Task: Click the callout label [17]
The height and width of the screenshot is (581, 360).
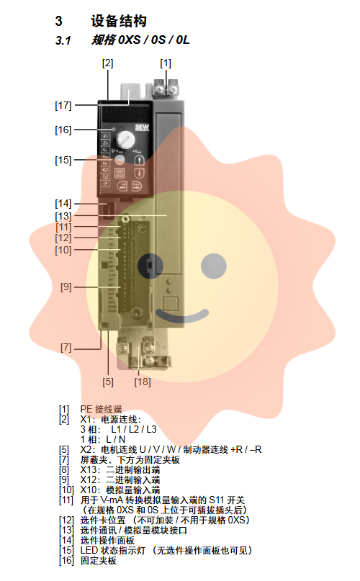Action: [x=63, y=105]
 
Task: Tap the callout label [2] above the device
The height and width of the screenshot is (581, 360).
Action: [x=107, y=63]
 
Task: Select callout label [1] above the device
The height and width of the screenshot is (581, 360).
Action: [x=166, y=63]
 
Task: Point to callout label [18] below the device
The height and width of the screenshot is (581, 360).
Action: [x=143, y=382]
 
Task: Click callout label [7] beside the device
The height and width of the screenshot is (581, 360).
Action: [x=66, y=348]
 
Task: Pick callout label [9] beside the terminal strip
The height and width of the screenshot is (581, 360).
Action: [x=66, y=287]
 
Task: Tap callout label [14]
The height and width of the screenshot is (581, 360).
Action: [x=63, y=204]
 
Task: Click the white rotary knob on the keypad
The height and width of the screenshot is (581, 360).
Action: [x=125, y=140]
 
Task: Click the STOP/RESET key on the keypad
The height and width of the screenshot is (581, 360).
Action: [x=120, y=173]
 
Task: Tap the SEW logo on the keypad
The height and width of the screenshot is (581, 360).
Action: [x=142, y=128]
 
